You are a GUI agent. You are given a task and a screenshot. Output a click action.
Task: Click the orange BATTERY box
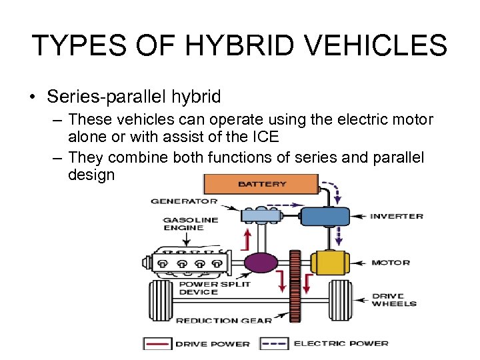[x=261, y=184]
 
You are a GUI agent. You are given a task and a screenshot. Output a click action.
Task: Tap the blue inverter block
[x=325, y=217]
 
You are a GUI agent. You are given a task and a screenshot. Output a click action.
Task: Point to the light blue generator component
[x=262, y=215]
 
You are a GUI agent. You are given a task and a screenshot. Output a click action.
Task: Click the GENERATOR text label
[x=184, y=201]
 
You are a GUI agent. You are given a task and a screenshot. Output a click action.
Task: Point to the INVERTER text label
[x=397, y=216]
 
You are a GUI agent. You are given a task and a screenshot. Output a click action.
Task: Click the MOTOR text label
[x=391, y=263]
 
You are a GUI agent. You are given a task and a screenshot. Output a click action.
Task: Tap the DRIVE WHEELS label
[x=394, y=300]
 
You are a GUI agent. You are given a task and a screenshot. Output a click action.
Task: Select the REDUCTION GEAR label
[x=223, y=320]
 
